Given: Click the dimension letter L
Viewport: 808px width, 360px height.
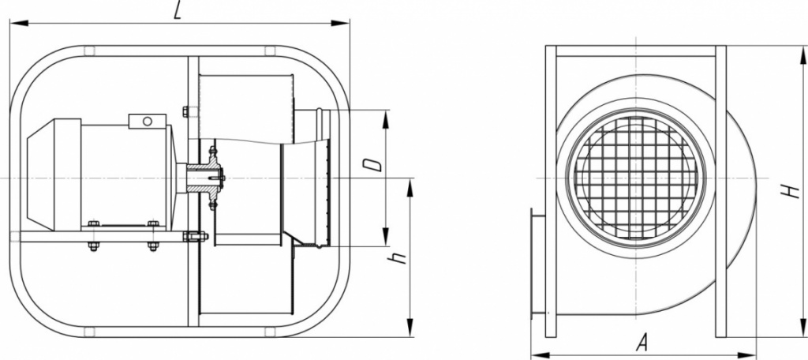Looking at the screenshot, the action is [178, 12].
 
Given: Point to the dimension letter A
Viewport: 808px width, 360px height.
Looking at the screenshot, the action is [642, 343].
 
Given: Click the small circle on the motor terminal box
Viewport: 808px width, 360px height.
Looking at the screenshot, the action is [148, 122].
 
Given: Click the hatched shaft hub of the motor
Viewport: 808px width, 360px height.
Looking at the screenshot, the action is [204, 178].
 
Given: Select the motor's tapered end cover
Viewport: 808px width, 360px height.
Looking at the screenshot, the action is [40, 174].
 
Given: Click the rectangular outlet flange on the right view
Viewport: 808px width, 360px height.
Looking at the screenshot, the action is [538, 263].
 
